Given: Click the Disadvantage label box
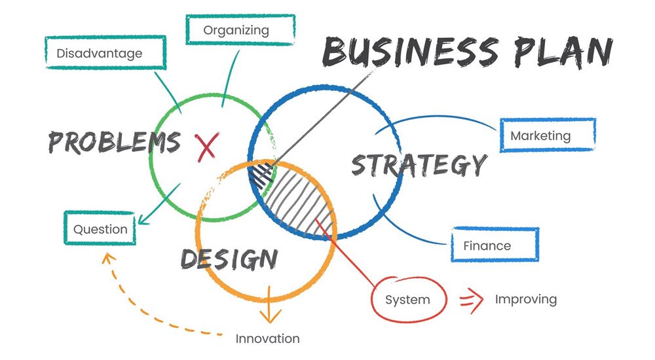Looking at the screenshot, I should [104, 52].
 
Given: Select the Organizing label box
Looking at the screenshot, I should [236, 30].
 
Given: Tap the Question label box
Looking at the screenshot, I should [100, 229].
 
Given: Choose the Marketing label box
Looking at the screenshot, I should [548, 135].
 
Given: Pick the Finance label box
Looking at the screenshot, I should [495, 245].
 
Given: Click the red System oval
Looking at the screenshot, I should [408, 300].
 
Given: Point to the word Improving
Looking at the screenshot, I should [525, 300].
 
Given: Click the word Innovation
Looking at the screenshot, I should [267, 338].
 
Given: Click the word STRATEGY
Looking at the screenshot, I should [419, 164].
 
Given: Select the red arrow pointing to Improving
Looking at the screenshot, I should [468, 300].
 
